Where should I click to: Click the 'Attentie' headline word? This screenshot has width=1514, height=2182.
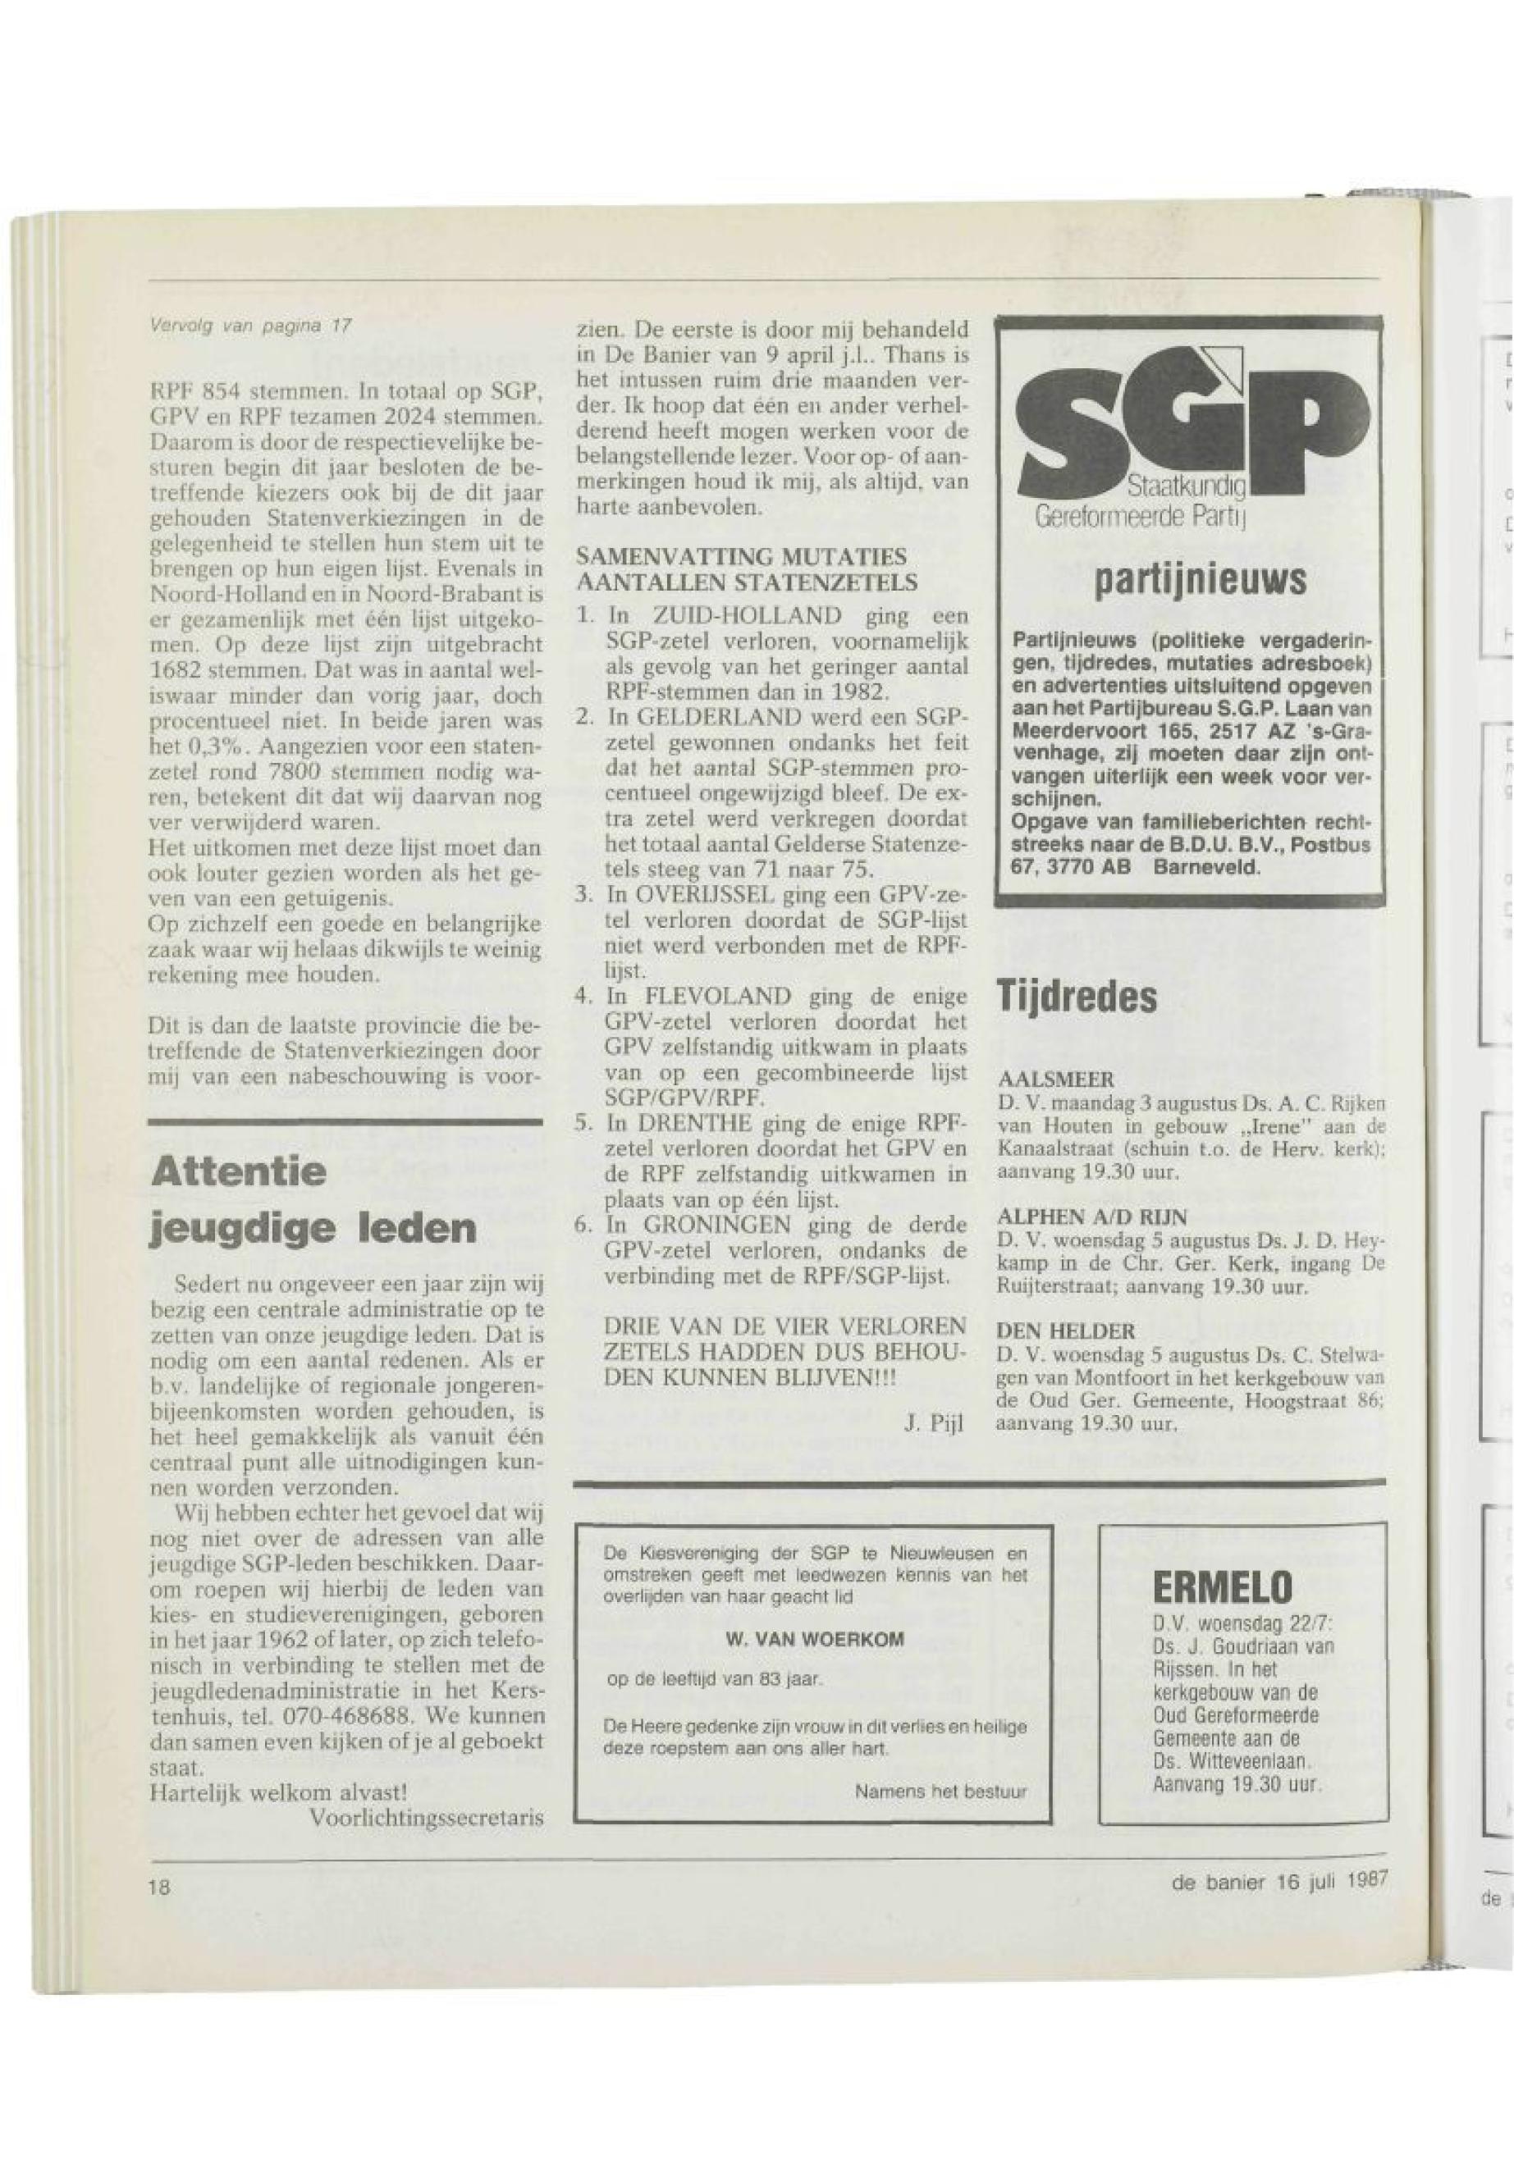(x=238, y=1172)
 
